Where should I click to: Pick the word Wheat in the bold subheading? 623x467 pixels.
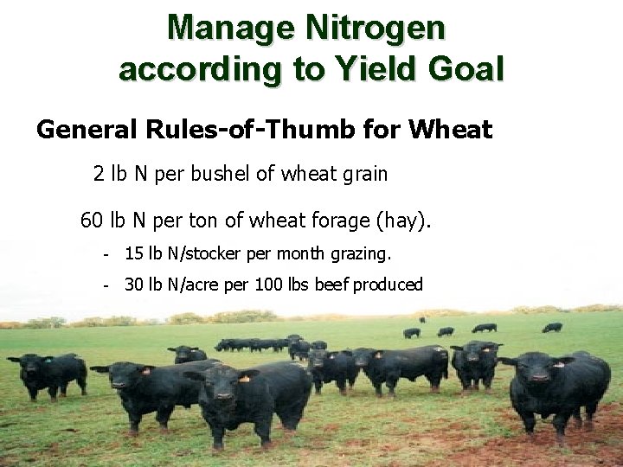pos(450,131)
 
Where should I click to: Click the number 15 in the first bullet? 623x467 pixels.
pos(134,254)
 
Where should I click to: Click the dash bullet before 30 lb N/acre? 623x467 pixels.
pos(105,285)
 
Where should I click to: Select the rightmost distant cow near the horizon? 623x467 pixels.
pos(552,328)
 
